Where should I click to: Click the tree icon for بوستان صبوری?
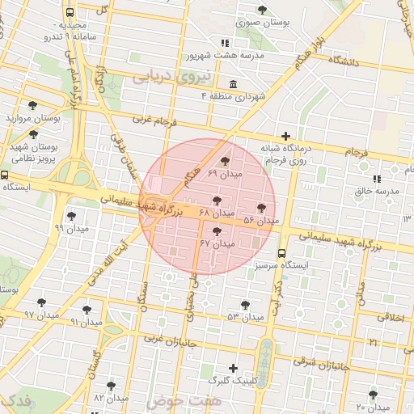pyautogui.click(x=262, y=10)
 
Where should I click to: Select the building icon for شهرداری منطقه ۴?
pyautogui.click(x=233, y=85)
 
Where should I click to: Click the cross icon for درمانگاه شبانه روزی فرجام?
pyautogui.click(x=285, y=136)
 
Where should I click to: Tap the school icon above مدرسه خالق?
pyautogui.click(x=377, y=179)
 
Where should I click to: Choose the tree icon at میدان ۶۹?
pyautogui.click(x=225, y=162)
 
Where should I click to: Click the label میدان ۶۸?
pyautogui.click(x=216, y=213)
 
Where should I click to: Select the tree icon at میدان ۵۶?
pyautogui.click(x=261, y=208)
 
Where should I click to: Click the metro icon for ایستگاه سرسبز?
pyautogui.click(x=281, y=253)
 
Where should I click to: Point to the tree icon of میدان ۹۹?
pyautogui.click(x=71, y=216)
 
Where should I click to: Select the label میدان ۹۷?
pyautogui.click(x=41, y=315)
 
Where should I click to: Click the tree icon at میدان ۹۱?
pyautogui.click(x=87, y=310)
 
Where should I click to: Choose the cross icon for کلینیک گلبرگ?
pyautogui.click(x=234, y=368)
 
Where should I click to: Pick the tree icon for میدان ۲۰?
pyautogui.click(x=373, y=395)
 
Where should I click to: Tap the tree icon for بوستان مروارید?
pyautogui.click(x=32, y=105)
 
